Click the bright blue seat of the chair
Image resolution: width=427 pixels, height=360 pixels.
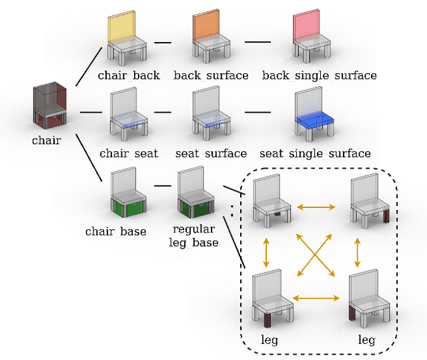(x=314, y=123)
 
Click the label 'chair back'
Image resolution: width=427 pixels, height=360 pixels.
(x=129, y=75)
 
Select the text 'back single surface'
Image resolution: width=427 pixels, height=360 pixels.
(x=319, y=75)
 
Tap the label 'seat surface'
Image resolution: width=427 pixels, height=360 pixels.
(x=211, y=153)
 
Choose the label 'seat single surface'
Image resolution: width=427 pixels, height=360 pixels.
(x=315, y=153)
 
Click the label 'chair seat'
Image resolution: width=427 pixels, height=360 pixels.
(x=129, y=153)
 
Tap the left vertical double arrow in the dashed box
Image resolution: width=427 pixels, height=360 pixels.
(x=267, y=253)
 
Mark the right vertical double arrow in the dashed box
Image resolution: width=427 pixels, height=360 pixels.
(x=358, y=253)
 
